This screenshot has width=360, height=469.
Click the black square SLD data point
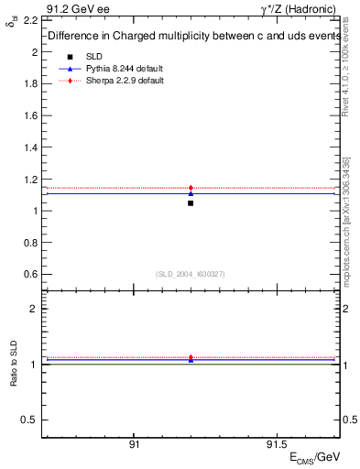pos(191,202)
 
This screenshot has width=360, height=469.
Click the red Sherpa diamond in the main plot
pos(191,188)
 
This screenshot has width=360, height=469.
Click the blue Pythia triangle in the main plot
pos(191,193)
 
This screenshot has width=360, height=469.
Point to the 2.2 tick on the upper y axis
pos(30,19)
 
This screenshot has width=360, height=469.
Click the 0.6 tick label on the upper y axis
pos(30,274)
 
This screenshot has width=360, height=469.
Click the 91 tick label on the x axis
pos(135,444)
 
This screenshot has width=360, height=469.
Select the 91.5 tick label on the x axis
pos(276,444)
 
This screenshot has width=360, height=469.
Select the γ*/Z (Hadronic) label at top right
pos(300,7)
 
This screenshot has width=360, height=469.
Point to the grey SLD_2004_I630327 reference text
pos(191,274)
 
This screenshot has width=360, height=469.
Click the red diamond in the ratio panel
pos(191,357)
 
